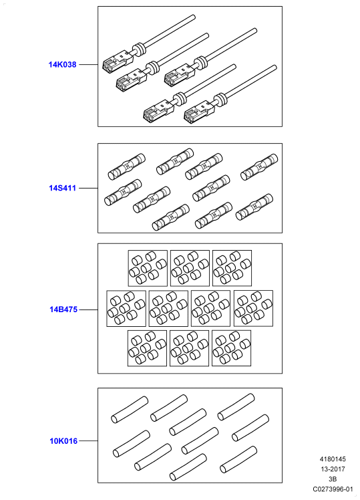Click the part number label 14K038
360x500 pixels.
coord(62,64)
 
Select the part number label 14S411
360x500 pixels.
coord(62,188)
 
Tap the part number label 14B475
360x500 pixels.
coord(63,309)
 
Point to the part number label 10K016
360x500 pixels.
coord(63,441)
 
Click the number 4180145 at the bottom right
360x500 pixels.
coord(333,459)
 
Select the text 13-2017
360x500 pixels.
coord(333,469)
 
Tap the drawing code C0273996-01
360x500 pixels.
coord(333,489)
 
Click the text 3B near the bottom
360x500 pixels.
coord(333,479)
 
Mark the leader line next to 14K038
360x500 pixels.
coord(88,64)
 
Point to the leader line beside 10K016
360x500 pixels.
coord(88,441)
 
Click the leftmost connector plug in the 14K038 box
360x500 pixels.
coord(118,62)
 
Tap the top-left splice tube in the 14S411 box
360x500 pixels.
coord(126,166)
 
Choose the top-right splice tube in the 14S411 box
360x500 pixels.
coord(259,166)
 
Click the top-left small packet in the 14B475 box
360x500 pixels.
coord(148,268)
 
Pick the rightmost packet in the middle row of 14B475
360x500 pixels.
coord(254,308)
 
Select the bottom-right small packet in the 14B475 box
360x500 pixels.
coord(232,348)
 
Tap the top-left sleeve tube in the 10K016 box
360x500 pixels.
coord(130,410)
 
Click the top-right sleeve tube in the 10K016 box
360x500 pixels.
coord(236,407)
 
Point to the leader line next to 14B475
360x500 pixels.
coord(88,309)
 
